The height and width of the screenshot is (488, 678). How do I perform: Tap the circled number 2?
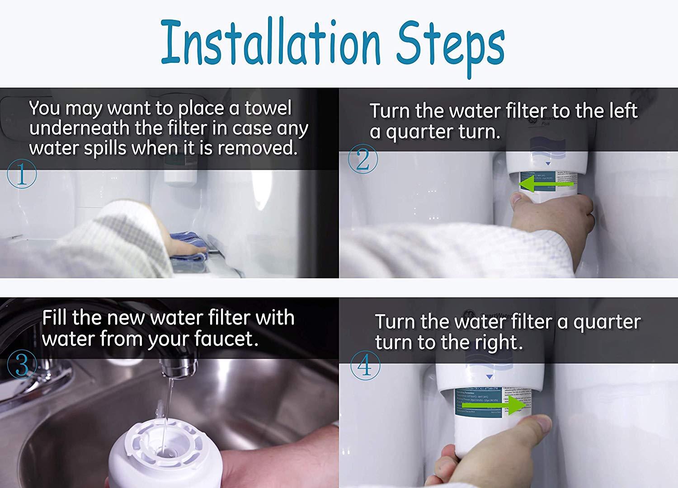coord(363,160)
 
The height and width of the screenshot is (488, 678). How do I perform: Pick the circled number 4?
coord(365,367)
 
